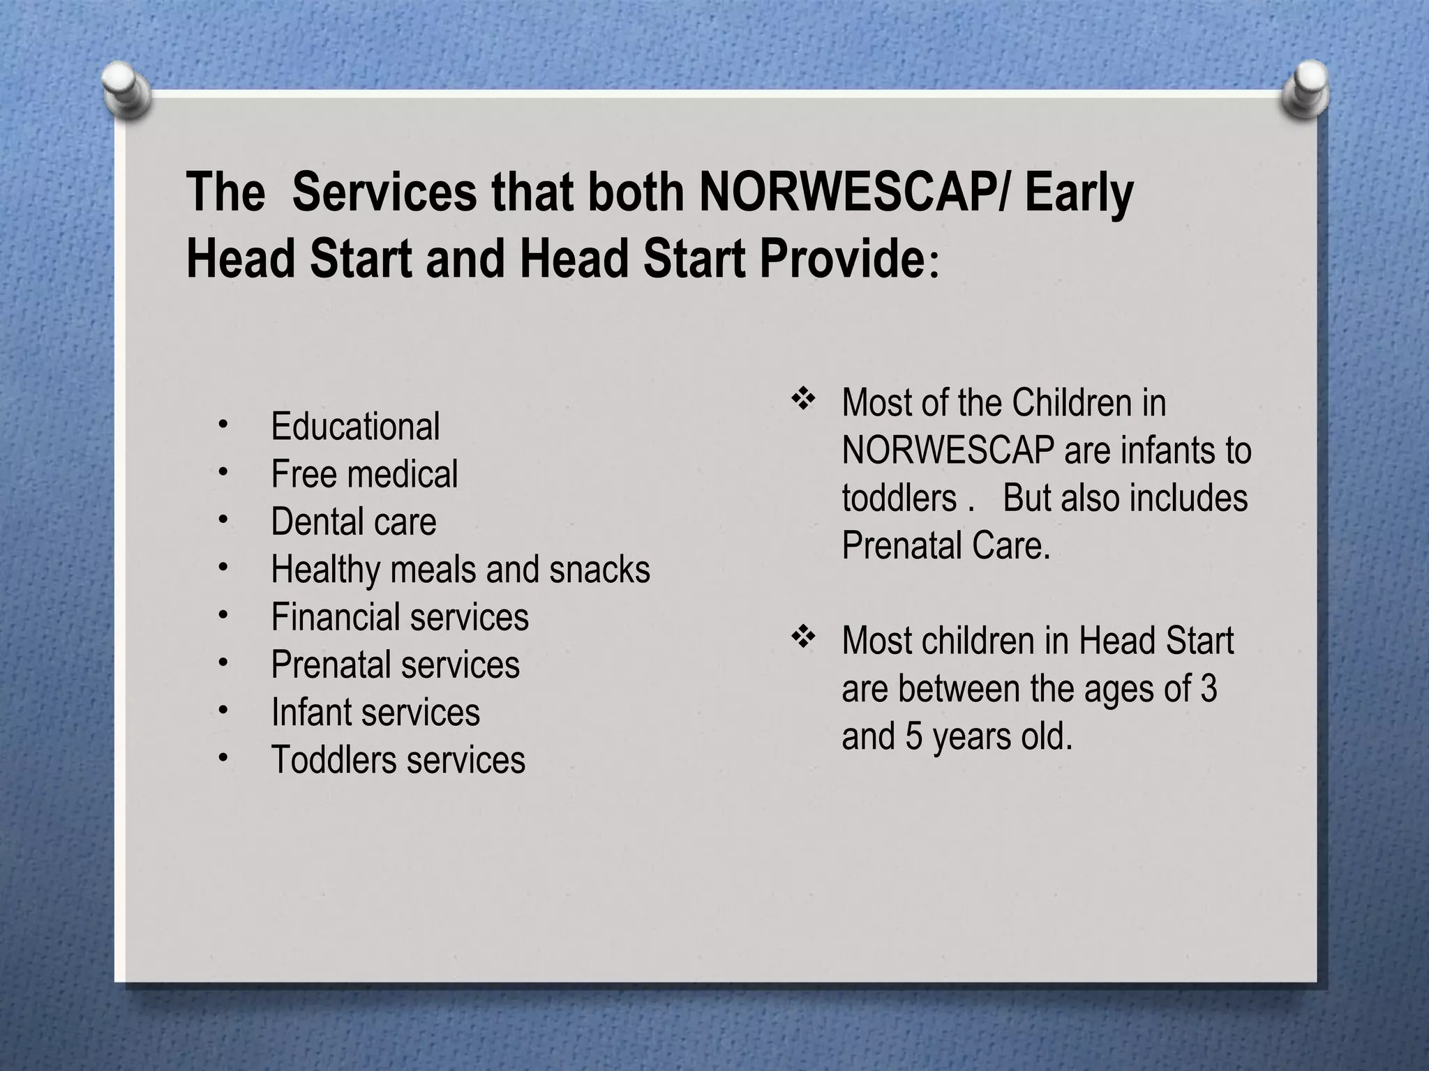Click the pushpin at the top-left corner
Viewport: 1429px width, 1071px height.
coord(126,90)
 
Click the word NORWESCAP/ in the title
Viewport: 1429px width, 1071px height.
coord(855,192)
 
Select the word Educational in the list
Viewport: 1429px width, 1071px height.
coord(355,426)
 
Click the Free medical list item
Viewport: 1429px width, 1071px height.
coord(364,474)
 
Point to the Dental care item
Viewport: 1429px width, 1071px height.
coord(353,522)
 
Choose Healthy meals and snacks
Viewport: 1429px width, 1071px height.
coord(461,569)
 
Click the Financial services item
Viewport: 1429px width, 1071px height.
coord(400,617)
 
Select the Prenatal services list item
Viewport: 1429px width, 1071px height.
coord(395,664)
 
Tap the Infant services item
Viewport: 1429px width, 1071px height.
coord(375,712)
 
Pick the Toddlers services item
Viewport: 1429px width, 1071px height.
coord(398,759)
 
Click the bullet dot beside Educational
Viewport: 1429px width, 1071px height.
coord(223,424)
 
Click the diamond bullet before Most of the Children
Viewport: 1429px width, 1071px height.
coord(803,400)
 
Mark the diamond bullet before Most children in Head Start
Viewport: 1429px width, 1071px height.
coord(803,637)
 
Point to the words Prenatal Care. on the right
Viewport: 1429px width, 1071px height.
coord(945,545)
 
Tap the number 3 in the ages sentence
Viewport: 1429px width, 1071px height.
coord(1209,688)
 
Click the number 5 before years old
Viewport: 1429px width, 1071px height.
coord(914,736)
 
